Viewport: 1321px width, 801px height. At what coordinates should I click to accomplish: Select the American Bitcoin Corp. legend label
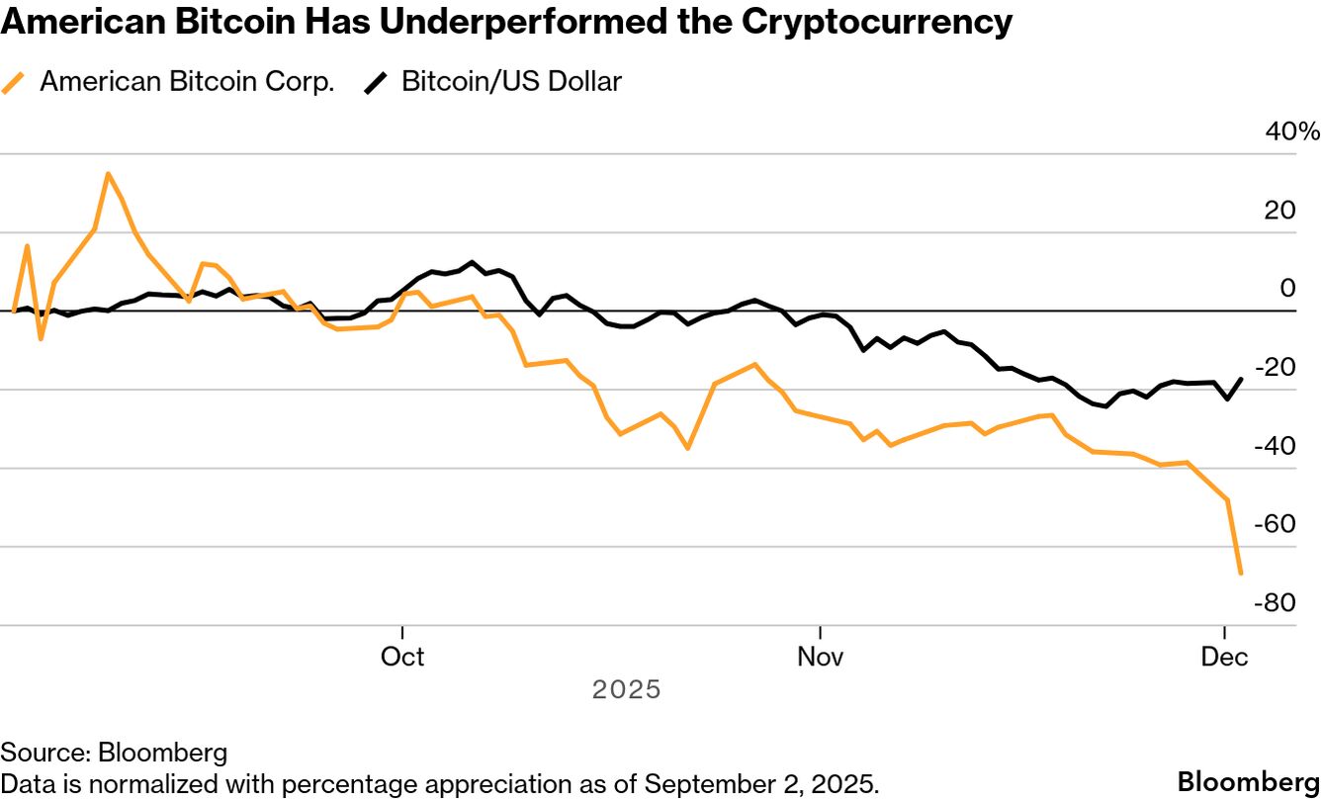pyautogui.click(x=187, y=82)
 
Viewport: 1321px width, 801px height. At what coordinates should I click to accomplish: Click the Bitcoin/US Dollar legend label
pyautogui.click(x=511, y=82)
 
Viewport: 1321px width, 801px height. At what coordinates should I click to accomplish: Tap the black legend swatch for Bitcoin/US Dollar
pyautogui.click(x=377, y=83)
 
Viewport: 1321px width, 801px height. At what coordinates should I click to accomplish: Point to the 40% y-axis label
pyautogui.click(x=1292, y=133)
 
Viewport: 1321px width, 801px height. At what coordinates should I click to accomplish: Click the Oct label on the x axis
pyautogui.click(x=402, y=657)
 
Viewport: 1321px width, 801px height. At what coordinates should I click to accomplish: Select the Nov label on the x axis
pyautogui.click(x=820, y=657)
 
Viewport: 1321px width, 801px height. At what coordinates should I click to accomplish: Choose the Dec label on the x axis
pyautogui.click(x=1225, y=657)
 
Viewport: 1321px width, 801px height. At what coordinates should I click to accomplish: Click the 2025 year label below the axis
pyautogui.click(x=626, y=689)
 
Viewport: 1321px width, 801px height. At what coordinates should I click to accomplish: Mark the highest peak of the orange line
pyautogui.click(x=108, y=174)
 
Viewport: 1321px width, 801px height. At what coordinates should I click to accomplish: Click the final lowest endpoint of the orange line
pyautogui.click(x=1241, y=573)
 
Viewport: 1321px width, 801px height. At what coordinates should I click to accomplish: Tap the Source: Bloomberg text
pyautogui.click(x=114, y=753)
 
